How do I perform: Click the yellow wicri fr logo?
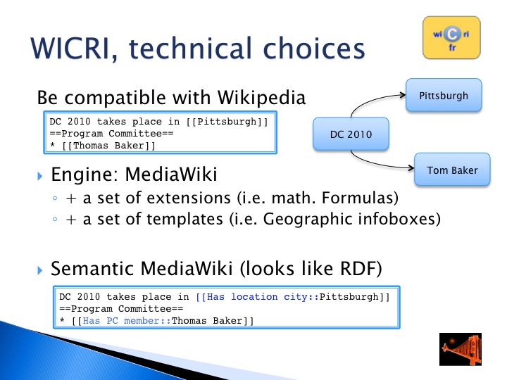tap(451, 38)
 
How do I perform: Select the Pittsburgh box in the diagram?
tap(444, 95)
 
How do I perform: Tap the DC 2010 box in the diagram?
tap(351, 134)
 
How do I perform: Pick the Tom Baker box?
tap(452, 170)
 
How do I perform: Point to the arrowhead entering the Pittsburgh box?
tap(403, 95)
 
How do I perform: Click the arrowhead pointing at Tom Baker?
tap(411, 167)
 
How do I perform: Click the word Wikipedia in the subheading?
tap(261, 97)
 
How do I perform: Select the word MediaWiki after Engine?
tap(171, 175)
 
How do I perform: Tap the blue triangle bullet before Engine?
tap(39, 176)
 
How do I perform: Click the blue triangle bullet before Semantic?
tap(39, 270)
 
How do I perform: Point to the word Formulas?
tap(361, 198)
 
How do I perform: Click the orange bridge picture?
tap(461, 349)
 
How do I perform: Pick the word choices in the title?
tap(314, 49)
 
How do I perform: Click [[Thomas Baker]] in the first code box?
tap(108, 146)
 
